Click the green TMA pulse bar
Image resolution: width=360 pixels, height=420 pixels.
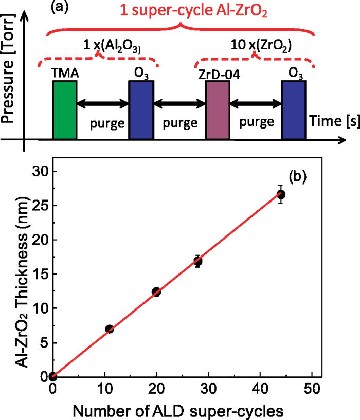(x=64, y=109)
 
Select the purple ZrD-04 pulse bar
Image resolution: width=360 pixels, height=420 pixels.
(x=217, y=109)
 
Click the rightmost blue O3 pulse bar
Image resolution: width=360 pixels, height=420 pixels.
(x=294, y=109)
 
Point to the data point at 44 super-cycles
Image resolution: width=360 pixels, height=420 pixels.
(x=281, y=194)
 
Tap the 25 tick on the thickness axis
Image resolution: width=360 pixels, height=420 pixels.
(x=39, y=205)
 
